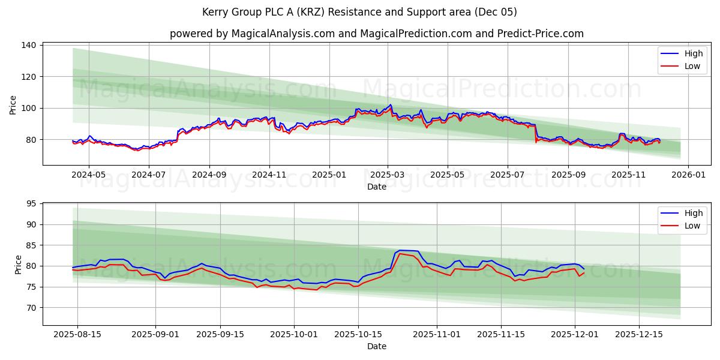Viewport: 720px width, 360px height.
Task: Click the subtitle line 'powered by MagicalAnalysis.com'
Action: coord(376,34)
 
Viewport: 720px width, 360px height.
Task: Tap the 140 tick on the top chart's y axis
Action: coord(29,45)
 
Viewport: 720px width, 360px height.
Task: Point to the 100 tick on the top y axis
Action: coord(29,108)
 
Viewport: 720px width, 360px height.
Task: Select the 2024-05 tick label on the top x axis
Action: coord(89,175)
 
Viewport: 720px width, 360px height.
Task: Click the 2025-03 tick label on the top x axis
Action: coord(388,175)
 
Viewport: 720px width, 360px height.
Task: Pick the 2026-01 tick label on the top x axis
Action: coord(688,175)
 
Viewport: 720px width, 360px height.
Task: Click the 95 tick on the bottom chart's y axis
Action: coord(32,204)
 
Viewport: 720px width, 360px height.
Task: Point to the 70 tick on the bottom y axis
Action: coord(32,307)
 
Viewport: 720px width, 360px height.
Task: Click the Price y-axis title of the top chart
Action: coord(13,105)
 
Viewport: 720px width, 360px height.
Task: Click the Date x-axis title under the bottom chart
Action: coord(376,346)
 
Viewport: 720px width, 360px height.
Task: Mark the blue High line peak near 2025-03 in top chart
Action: coord(391,104)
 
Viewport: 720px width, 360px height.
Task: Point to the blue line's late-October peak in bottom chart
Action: coord(400,250)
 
